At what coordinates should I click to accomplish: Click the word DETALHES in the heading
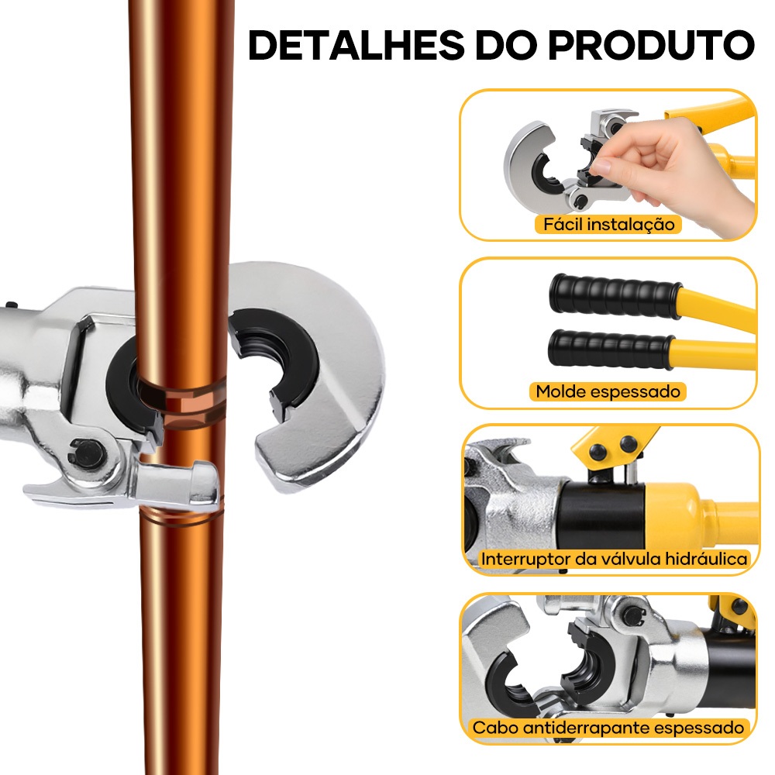tap(356, 45)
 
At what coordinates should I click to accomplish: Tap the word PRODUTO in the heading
tap(652, 45)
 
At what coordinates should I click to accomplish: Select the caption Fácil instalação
tap(609, 225)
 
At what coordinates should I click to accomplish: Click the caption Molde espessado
tap(608, 391)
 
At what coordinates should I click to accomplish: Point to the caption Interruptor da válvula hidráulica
tap(614, 559)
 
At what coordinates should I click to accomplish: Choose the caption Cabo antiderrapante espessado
tap(608, 728)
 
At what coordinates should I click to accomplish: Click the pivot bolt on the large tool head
tap(89, 453)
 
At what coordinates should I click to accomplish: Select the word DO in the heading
tap(506, 45)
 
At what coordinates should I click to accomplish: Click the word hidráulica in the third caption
tap(706, 559)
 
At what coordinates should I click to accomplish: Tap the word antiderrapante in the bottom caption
tap(588, 728)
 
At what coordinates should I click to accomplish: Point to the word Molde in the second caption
tap(561, 391)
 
